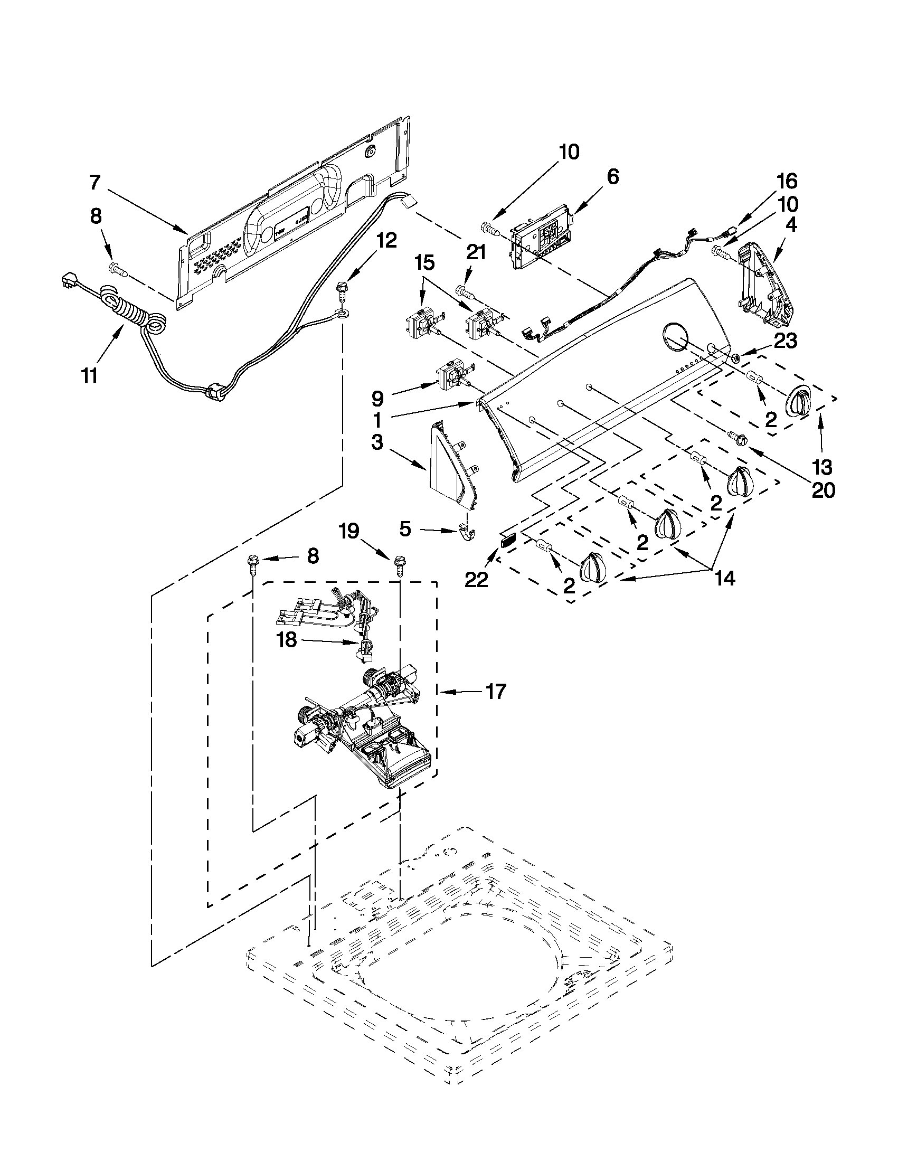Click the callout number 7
[94, 183]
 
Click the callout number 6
[613, 177]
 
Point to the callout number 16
[787, 182]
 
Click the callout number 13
[822, 467]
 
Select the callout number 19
[351, 531]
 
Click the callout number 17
[495, 692]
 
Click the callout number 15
[424, 262]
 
